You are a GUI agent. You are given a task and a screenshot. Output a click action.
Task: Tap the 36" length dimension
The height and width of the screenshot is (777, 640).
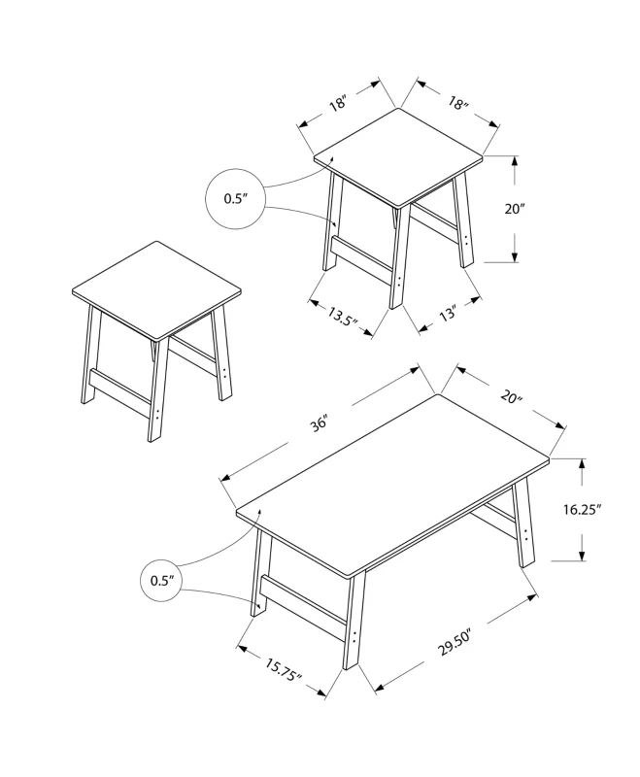(x=320, y=424)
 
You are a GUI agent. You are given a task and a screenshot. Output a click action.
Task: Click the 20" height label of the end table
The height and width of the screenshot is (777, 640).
(x=516, y=209)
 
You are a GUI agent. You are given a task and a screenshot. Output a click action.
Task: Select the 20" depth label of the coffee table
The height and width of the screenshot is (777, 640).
(x=512, y=397)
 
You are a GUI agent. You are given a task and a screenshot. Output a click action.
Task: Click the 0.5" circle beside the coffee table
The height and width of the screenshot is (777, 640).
(x=161, y=581)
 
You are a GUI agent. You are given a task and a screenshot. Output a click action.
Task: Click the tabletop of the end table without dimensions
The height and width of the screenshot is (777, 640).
(x=156, y=288)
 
